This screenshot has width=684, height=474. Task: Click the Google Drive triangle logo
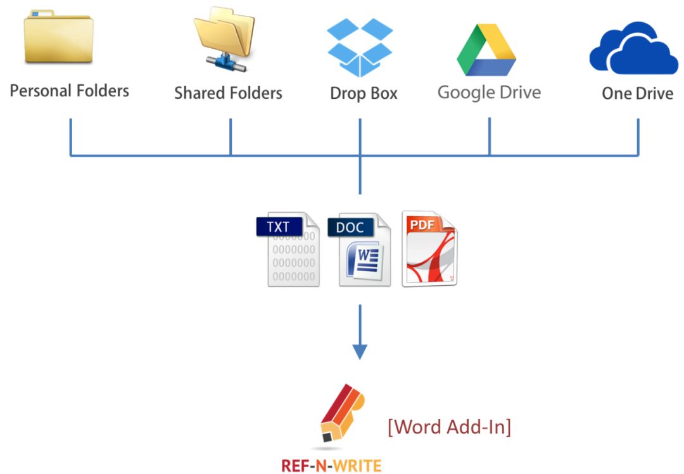click(486, 51)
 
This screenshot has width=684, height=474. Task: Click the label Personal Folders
click(70, 91)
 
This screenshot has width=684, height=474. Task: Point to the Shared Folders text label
click(228, 93)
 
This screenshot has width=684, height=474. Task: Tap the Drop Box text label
click(364, 94)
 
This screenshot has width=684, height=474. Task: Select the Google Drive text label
click(489, 93)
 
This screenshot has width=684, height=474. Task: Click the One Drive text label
click(637, 94)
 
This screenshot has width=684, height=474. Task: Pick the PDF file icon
click(429, 249)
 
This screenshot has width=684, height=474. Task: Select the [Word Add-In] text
click(449, 426)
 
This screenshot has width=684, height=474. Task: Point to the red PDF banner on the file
click(421, 224)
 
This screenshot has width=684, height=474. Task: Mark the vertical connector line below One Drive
click(638, 137)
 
